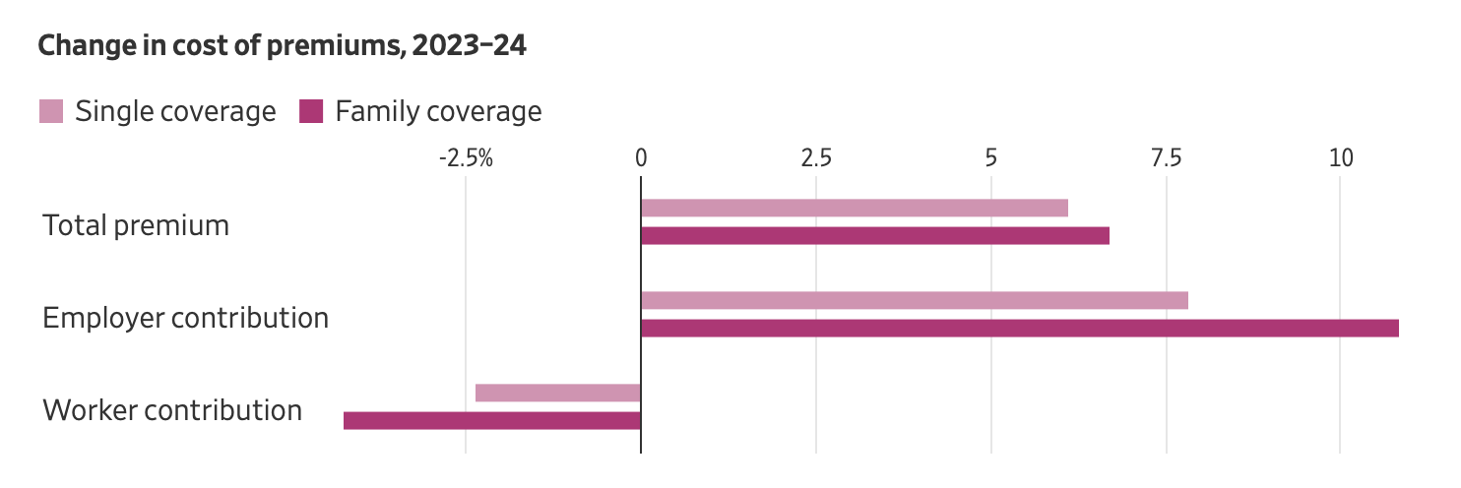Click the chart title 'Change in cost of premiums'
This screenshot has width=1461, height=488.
tap(282, 46)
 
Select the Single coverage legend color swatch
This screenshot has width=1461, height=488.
tap(51, 111)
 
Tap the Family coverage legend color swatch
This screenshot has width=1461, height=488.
tap(311, 111)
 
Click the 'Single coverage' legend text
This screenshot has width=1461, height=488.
tap(175, 111)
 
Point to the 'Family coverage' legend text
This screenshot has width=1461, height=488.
tap(438, 111)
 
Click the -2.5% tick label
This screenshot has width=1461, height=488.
tap(466, 157)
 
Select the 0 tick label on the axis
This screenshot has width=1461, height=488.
tap(641, 157)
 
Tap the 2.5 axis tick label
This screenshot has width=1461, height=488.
tap(816, 157)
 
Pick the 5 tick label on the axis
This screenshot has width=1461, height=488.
tap(991, 157)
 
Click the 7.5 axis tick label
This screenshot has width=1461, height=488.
tap(1167, 157)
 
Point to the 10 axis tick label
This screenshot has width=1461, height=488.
tap(1341, 157)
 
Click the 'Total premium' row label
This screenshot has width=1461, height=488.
tap(136, 225)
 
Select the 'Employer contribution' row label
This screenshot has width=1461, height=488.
tap(185, 318)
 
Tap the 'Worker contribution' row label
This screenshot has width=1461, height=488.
tap(172, 410)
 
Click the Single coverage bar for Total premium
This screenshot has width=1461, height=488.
tap(854, 208)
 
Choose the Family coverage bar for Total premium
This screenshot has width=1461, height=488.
tap(874, 236)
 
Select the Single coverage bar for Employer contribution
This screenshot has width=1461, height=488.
tap(914, 300)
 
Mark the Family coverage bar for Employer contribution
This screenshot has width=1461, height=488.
tap(1019, 329)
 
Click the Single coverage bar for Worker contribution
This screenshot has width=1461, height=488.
tap(558, 393)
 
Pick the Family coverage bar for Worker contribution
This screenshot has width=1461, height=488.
tap(492, 421)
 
